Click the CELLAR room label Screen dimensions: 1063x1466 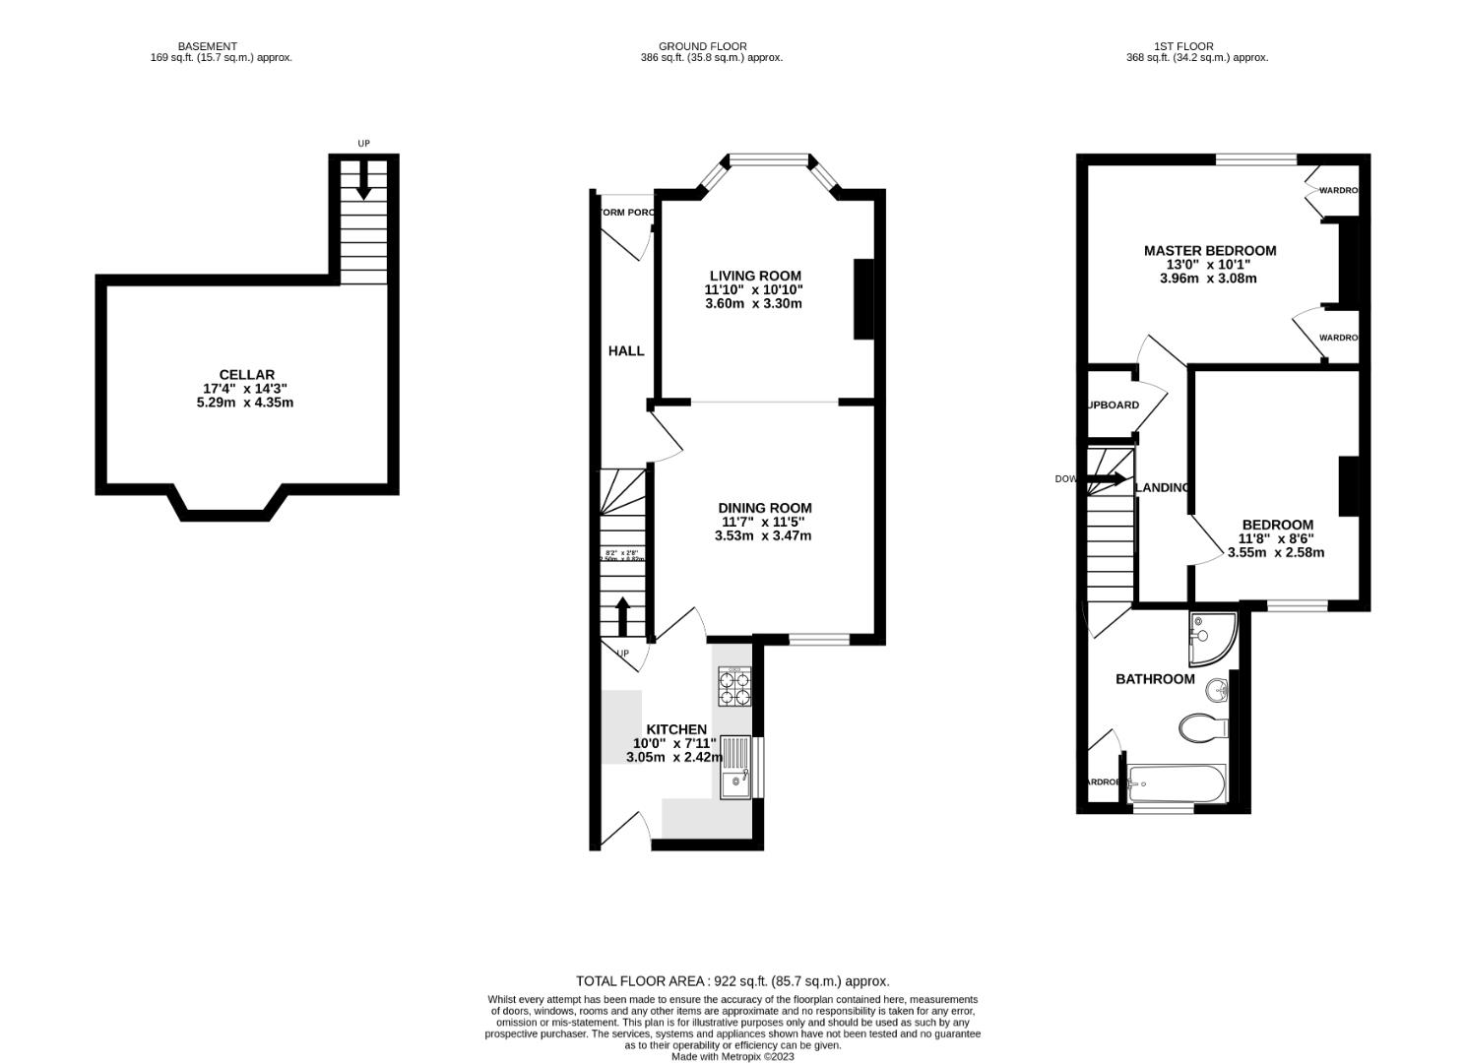[x=246, y=375]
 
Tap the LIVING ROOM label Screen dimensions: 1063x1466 [x=755, y=276]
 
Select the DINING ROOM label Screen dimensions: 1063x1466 [x=764, y=508]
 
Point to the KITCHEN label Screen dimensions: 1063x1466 [x=675, y=729]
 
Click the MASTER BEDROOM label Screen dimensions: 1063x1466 [x=1209, y=251]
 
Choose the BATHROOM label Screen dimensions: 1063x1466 [x=1154, y=679]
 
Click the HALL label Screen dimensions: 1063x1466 [x=626, y=350]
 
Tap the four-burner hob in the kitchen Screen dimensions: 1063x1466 [x=733, y=687]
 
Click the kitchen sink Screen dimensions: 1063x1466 [x=734, y=768]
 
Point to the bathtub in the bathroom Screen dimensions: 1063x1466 [x=1176, y=784]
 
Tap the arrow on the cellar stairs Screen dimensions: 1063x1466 [x=363, y=183]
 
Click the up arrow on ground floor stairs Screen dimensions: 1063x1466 [x=622, y=617]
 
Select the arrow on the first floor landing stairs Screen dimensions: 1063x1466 [x=1109, y=479]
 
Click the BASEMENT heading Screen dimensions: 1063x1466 [x=207, y=46]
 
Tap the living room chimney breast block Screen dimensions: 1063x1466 [x=863, y=299]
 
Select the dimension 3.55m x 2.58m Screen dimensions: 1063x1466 [x=1275, y=552]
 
